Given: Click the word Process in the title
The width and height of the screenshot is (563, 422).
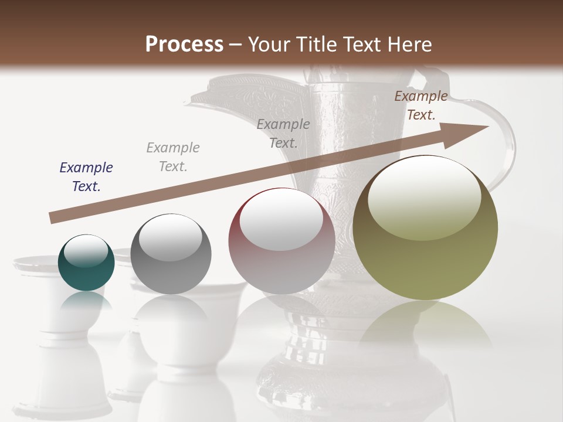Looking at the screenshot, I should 184,45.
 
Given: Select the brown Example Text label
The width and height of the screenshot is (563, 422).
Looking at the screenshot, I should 420,105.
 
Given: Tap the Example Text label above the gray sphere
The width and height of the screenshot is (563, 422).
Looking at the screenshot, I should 173,157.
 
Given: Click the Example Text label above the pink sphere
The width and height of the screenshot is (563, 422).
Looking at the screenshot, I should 283,134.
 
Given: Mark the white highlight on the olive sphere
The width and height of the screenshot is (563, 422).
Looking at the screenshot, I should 424,196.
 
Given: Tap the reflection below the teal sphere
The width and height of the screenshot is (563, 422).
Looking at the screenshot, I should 86,301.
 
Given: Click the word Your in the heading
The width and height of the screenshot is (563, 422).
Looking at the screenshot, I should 270,45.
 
